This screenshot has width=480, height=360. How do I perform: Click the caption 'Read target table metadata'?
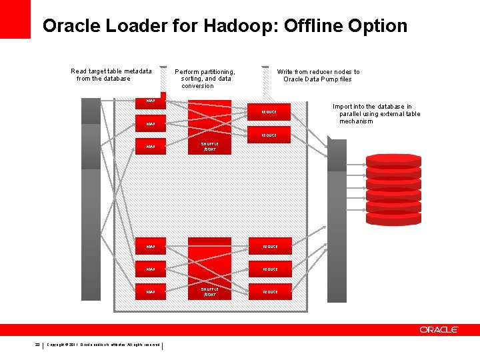click(x=111, y=71)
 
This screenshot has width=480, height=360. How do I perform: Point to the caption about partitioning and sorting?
click(x=205, y=78)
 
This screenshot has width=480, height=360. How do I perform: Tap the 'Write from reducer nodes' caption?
click(x=318, y=75)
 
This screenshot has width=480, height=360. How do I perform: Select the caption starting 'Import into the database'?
click(x=376, y=114)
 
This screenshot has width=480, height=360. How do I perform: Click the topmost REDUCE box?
click(x=269, y=112)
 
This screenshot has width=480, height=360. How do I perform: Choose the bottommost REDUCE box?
click(x=270, y=292)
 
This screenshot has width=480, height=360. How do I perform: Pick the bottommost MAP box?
click(x=151, y=292)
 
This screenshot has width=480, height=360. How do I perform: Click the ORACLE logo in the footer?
click(x=439, y=330)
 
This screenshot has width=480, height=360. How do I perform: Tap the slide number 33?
click(x=38, y=345)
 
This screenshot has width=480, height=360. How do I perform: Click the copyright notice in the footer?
click(x=103, y=345)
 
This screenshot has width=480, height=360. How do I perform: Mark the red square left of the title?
click(x=15, y=19)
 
